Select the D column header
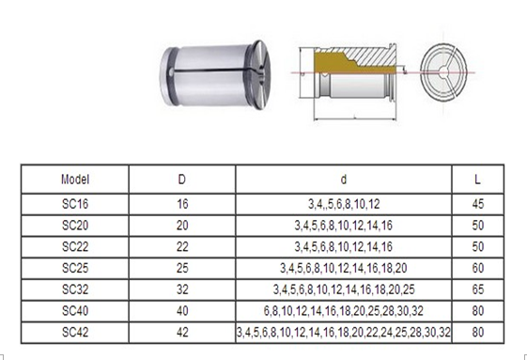pos(181,179)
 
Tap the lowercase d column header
pos(344,179)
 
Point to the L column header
pos(480,179)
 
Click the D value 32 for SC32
pos(181,290)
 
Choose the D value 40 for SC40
pos(181,311)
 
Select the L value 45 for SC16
pos(480,202)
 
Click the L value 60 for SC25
pos(480,268)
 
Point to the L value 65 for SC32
pos(480,290)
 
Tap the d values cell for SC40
pos(344,311)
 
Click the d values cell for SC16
pos(344,202)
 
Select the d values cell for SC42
pos(344,332)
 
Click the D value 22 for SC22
pos(181,246)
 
